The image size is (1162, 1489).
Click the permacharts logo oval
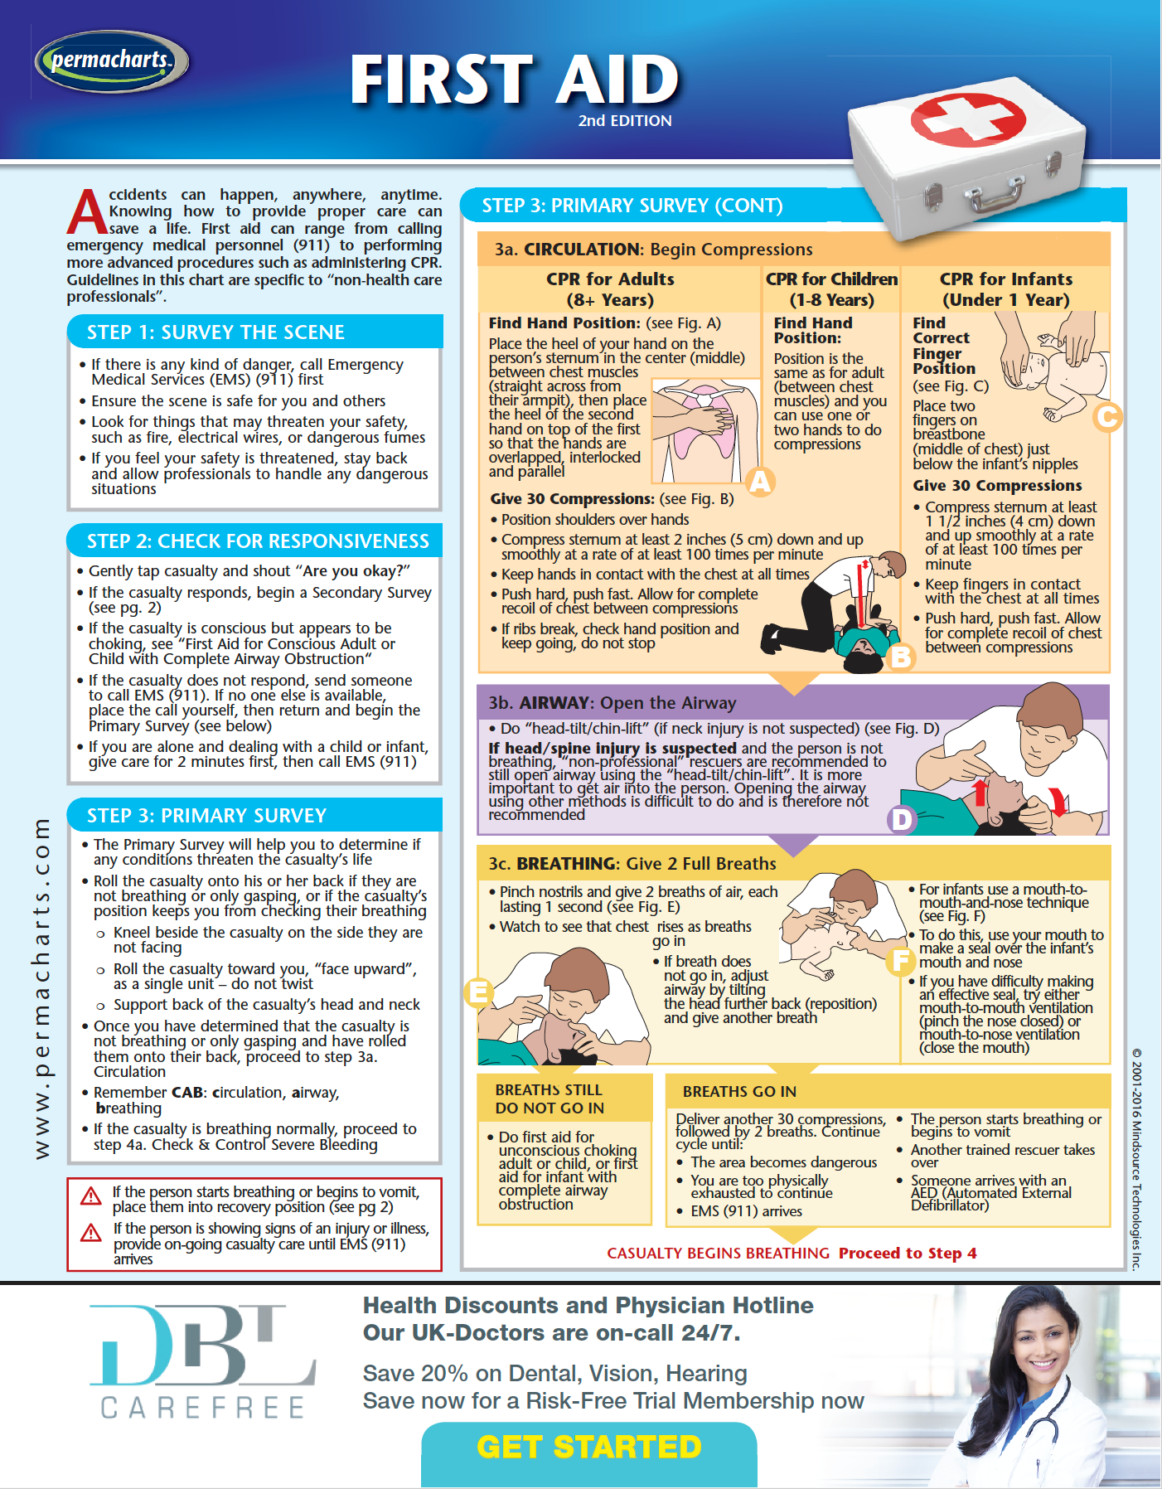tap(111, 61)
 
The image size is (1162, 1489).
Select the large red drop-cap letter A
tap(86, 213)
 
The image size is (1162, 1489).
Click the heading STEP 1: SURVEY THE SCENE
tap(215, 332)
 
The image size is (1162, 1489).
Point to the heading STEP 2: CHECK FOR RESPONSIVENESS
tap(258, 541)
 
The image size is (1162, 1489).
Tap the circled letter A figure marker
tap(760, 482)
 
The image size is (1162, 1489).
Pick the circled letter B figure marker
tap(900, 657)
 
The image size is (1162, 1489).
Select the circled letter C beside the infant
tap(1106, 416)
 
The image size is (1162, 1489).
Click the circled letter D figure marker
tap(900, 819)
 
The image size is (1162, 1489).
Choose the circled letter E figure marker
tap(478, 992)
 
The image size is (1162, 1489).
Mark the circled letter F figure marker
tap(900, 961)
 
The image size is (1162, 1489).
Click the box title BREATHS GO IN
tap(739, 1092)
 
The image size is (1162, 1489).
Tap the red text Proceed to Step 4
tap(908, 1253)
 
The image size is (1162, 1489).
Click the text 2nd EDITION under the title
tap(625, 120)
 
